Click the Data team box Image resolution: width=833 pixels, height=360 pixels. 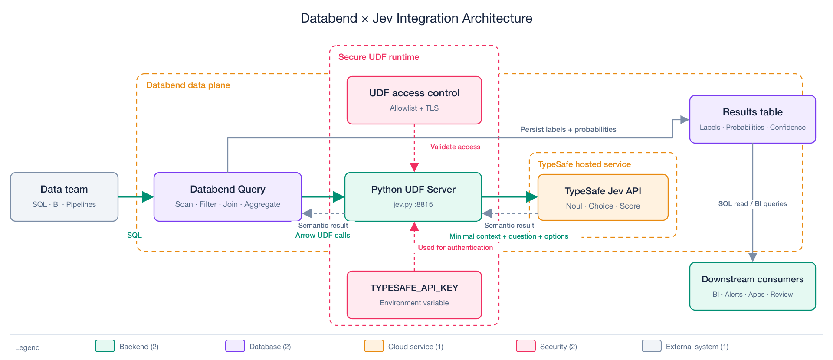coord(64,197)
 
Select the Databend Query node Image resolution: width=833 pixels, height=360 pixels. coord(228,197)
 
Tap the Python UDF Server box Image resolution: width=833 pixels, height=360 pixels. coord(413,197)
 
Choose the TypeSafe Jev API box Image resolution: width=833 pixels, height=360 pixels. coord(603,197)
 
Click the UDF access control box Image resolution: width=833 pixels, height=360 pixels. coord(414,100)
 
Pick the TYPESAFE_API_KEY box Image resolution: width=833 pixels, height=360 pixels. coord(414,295)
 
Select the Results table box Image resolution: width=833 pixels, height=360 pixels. coord(753,119)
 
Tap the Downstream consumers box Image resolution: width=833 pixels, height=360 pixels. coord(753,286)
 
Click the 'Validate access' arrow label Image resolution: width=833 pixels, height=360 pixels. coord(455,147)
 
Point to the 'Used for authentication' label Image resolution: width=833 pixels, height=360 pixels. coord(456,248)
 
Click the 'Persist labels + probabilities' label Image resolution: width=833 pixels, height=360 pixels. coord(568,129)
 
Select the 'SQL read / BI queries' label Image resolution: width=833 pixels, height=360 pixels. coord(752,204)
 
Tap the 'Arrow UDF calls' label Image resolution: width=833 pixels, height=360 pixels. coord(323,235)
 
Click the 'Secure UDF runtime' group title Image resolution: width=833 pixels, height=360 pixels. coord(379,57)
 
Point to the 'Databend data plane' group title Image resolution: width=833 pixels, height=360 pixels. coord(188,85)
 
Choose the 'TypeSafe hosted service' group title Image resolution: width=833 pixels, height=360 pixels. coord(584,164)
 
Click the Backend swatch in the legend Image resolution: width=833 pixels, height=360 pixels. coord(105,346)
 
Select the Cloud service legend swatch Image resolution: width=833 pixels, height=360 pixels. coord(374,346)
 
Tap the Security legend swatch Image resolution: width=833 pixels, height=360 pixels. coord(526,346)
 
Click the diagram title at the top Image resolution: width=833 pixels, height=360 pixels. coord(416,18)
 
